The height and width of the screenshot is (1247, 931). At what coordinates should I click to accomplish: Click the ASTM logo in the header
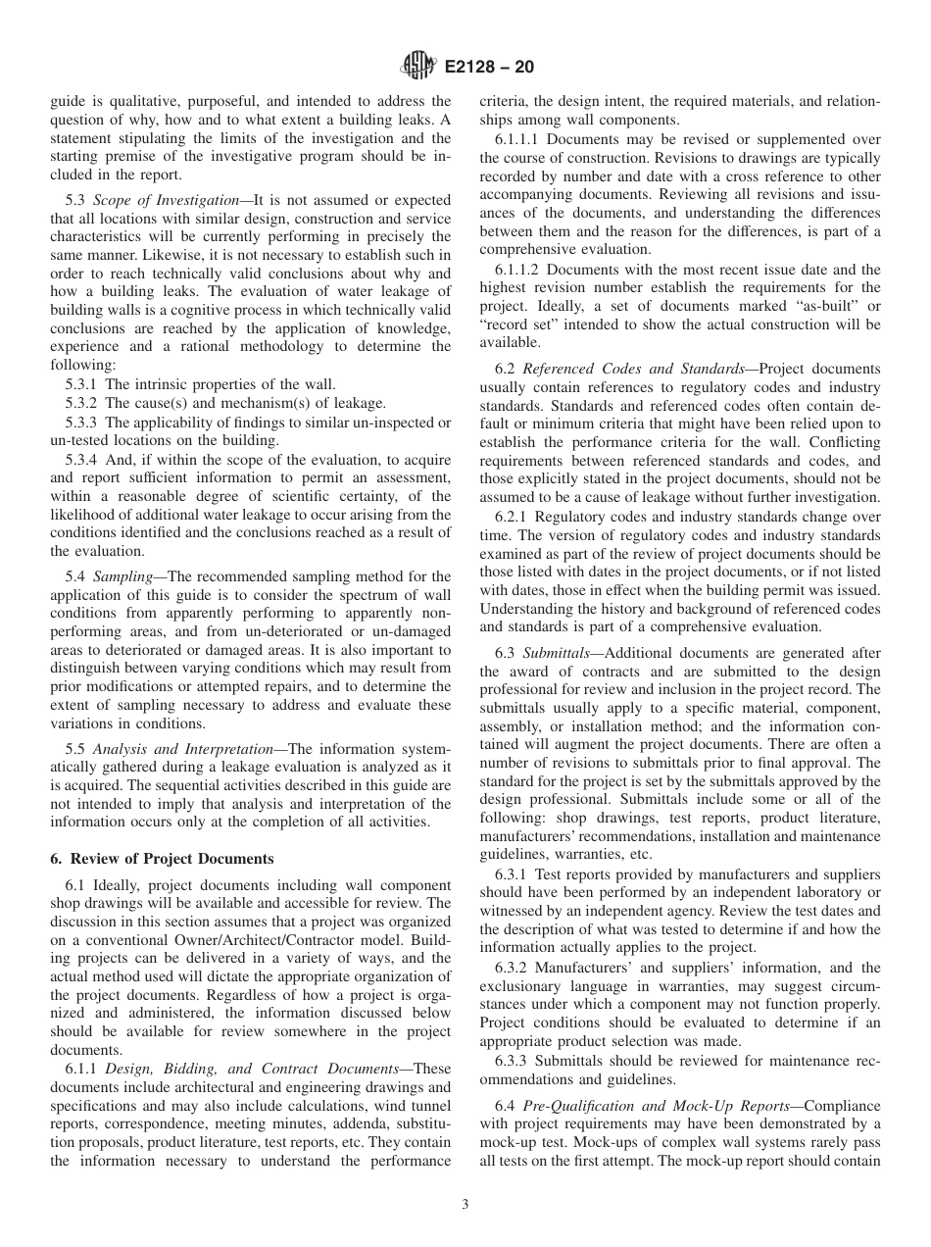coord(417,68)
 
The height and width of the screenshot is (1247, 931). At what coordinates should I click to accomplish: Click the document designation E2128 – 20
coord(489,68)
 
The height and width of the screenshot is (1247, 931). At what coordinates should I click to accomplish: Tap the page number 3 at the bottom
coord(465,1205)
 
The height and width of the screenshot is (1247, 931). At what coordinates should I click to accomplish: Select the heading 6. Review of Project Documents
coord(162,858)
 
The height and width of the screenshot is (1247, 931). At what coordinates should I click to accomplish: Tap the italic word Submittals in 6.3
coord(557,653)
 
